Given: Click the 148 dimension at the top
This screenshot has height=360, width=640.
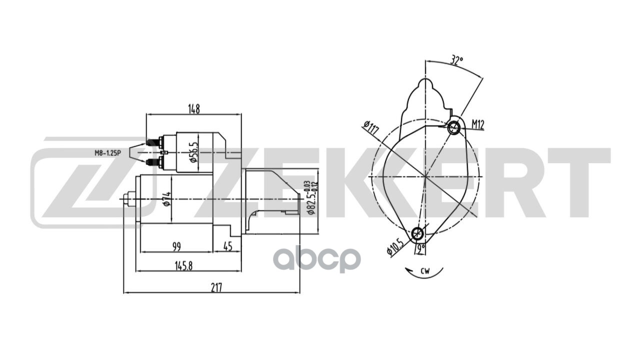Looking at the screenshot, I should tap(194, 109).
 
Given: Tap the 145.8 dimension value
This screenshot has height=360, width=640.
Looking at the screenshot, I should tap(183, 266).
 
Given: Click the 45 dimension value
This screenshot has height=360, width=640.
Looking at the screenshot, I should tap(227, 246).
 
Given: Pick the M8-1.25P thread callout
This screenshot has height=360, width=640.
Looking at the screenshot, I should tap(108, 153).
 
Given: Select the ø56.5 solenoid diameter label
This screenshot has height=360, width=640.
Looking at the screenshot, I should tap(194, 152).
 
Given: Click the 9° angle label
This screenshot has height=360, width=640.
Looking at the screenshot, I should tap(420, 247).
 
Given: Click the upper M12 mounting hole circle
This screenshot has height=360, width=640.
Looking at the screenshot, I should tap(454, 128).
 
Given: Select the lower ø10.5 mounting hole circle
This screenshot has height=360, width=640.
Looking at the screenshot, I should tap(417, 233).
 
